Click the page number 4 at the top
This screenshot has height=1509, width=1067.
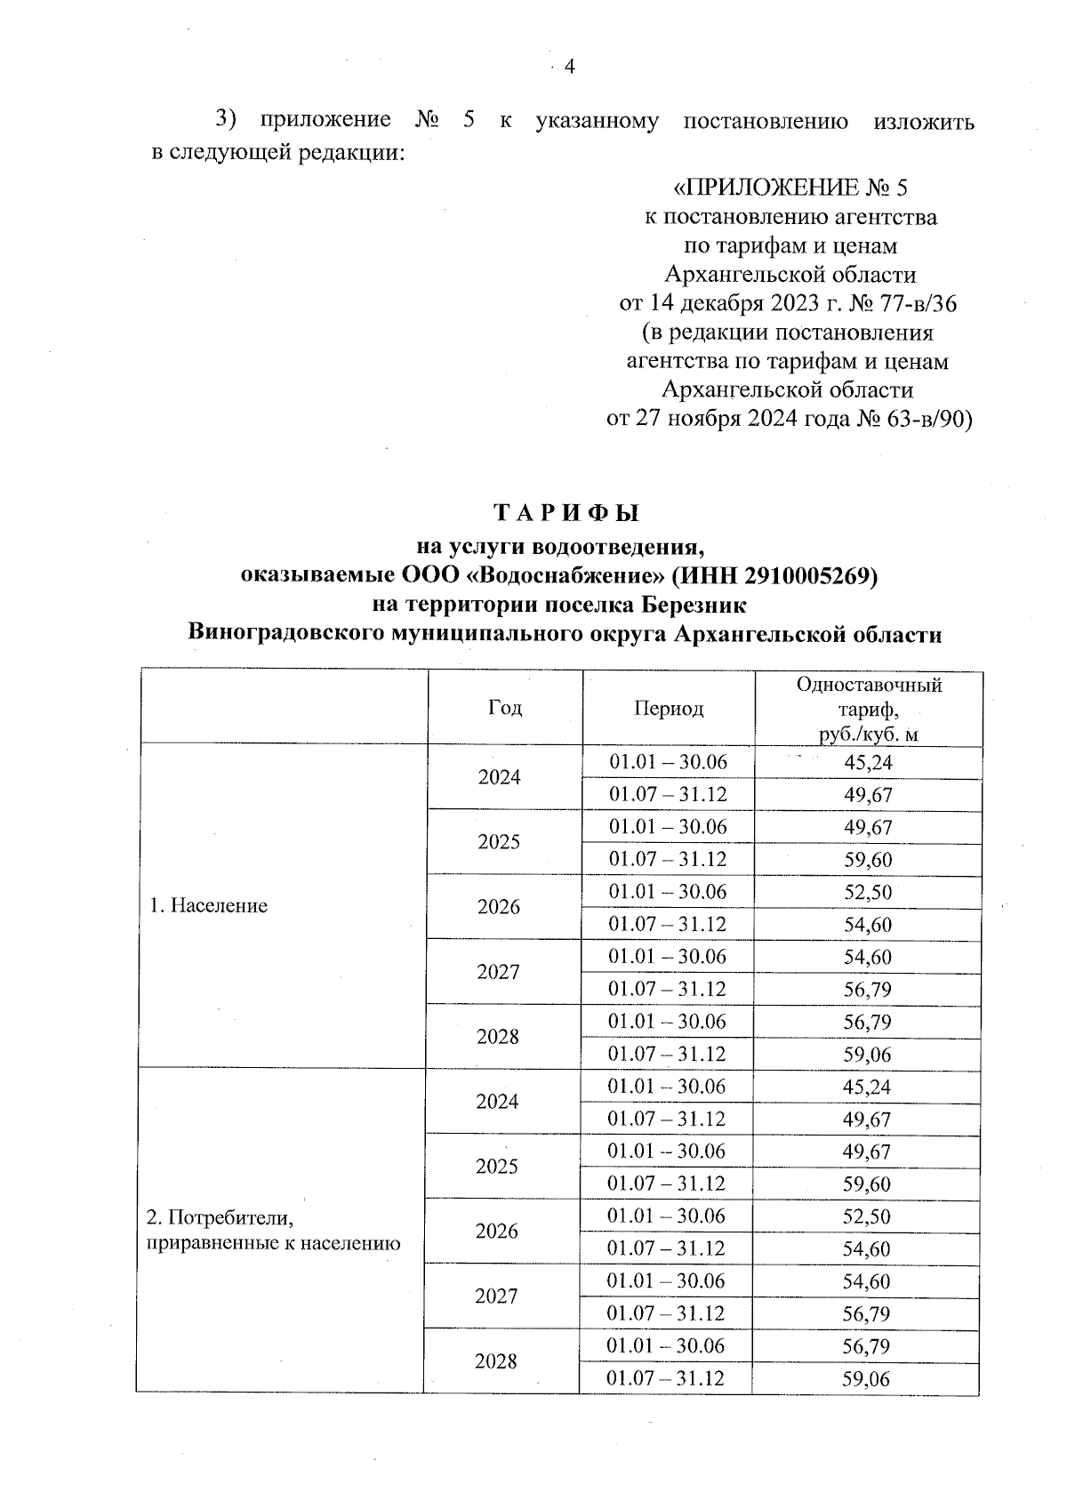tap(570, 68)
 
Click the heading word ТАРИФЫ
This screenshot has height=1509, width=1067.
tap(566, 514)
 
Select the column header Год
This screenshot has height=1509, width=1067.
tap(505, 708)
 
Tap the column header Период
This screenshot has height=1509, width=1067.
tap(669, 709)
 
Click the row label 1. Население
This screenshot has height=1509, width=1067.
tap(208, 906)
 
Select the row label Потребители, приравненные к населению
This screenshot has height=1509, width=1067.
tap(273, 1230)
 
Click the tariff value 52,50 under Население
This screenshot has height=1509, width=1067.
tap(868, 893)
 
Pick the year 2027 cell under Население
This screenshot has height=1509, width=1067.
tap(499, 972)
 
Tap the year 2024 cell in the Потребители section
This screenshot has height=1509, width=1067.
tap(498, 1102)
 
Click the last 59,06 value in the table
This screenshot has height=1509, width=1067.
tap(867, 1379)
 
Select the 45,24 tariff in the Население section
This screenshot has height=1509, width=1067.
tap(868, 763)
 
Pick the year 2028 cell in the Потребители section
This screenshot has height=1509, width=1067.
tap(496, 1361)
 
